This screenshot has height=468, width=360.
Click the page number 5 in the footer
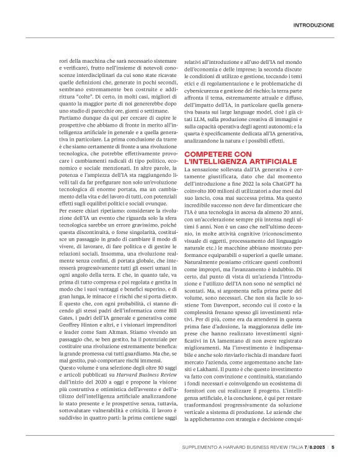(333, 446)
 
